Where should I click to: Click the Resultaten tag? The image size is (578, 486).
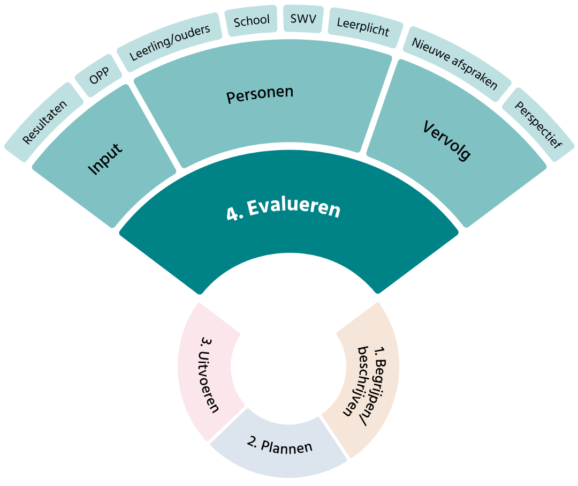[x=45, y=122]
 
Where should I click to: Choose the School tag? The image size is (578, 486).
[x=252, y=21]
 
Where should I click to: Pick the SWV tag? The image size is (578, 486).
[x=303, y=20]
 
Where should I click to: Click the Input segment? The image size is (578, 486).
[x=105, y=159]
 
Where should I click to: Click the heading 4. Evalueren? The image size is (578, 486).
[x=283, y=210]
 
